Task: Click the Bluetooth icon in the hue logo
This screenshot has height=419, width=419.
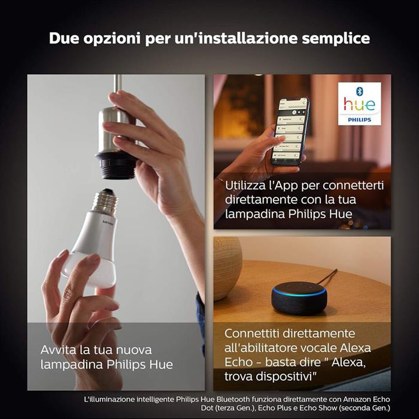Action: pyautogui.click(x=359, y=91)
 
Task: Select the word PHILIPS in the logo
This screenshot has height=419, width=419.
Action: pyautogui.click(x=359, y=119)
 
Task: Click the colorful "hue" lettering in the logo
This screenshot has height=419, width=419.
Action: pyautogui.click(x=359, y=105)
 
